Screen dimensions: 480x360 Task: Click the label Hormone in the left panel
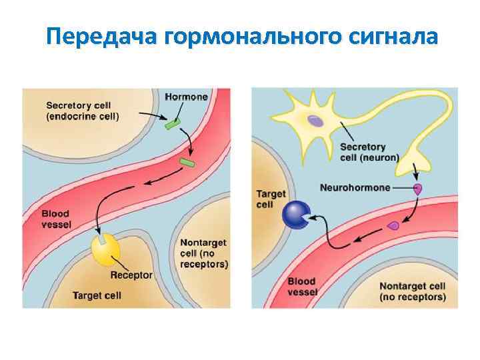(x=186, y=97)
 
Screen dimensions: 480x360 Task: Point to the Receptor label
(x=131, y=275)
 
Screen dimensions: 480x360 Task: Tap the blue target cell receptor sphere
(x=296, y=215)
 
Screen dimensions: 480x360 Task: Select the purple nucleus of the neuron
(x=315, y=121)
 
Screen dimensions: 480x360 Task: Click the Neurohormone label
(x=355, y=188)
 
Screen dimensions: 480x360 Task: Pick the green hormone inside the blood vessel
(x=187, y=162)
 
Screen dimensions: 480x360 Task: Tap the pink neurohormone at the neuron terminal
(x=418, y=189)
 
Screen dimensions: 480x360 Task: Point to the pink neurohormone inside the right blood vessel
(x=393, y=226)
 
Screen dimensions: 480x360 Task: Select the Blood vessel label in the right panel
(x=302, y=287)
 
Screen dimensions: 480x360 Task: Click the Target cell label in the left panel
(x=97, y=295)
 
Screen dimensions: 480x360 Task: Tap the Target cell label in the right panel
(x=271, y=199)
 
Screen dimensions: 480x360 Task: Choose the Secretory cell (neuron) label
(x=369, y=152)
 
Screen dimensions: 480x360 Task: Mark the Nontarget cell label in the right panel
(x=413, y=291)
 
